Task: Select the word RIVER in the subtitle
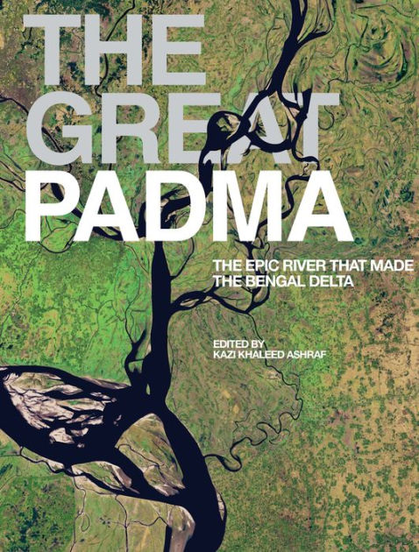pos(303,265)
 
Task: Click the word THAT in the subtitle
pos(344,265)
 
